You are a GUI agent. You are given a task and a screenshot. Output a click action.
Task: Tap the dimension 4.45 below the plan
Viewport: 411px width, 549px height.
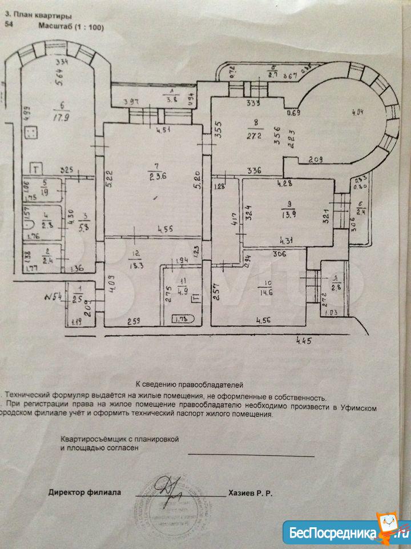click(306, 341)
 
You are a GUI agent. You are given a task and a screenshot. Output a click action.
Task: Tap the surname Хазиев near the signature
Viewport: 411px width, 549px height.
click(243, 492)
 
